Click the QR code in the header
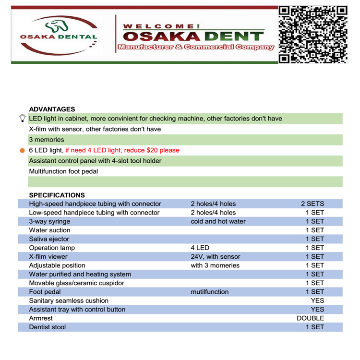click(x=312, y=34)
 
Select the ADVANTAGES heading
click(x=52, y=109)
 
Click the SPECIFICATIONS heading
click(x=57, y=195)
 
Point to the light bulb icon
click(x=22, y=118)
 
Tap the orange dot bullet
click(x=22, y=150)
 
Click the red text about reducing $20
click(x=122, y=150)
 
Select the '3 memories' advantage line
click(x=46, y=140)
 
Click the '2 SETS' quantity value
click(x=312, y=204)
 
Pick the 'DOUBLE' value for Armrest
click(x=310, y=318)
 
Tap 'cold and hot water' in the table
click(x=218, y=221)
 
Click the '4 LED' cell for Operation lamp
click(x=200, y=248)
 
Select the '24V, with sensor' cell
click(x=216, y=256)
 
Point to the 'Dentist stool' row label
click(x=48, y=327)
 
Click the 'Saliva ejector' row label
click(x=49, y=239)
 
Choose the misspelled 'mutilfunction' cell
click(x=210, y=292)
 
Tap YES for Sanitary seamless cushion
click(x=317, y=300)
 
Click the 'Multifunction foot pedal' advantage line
click(x=63, y=171)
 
